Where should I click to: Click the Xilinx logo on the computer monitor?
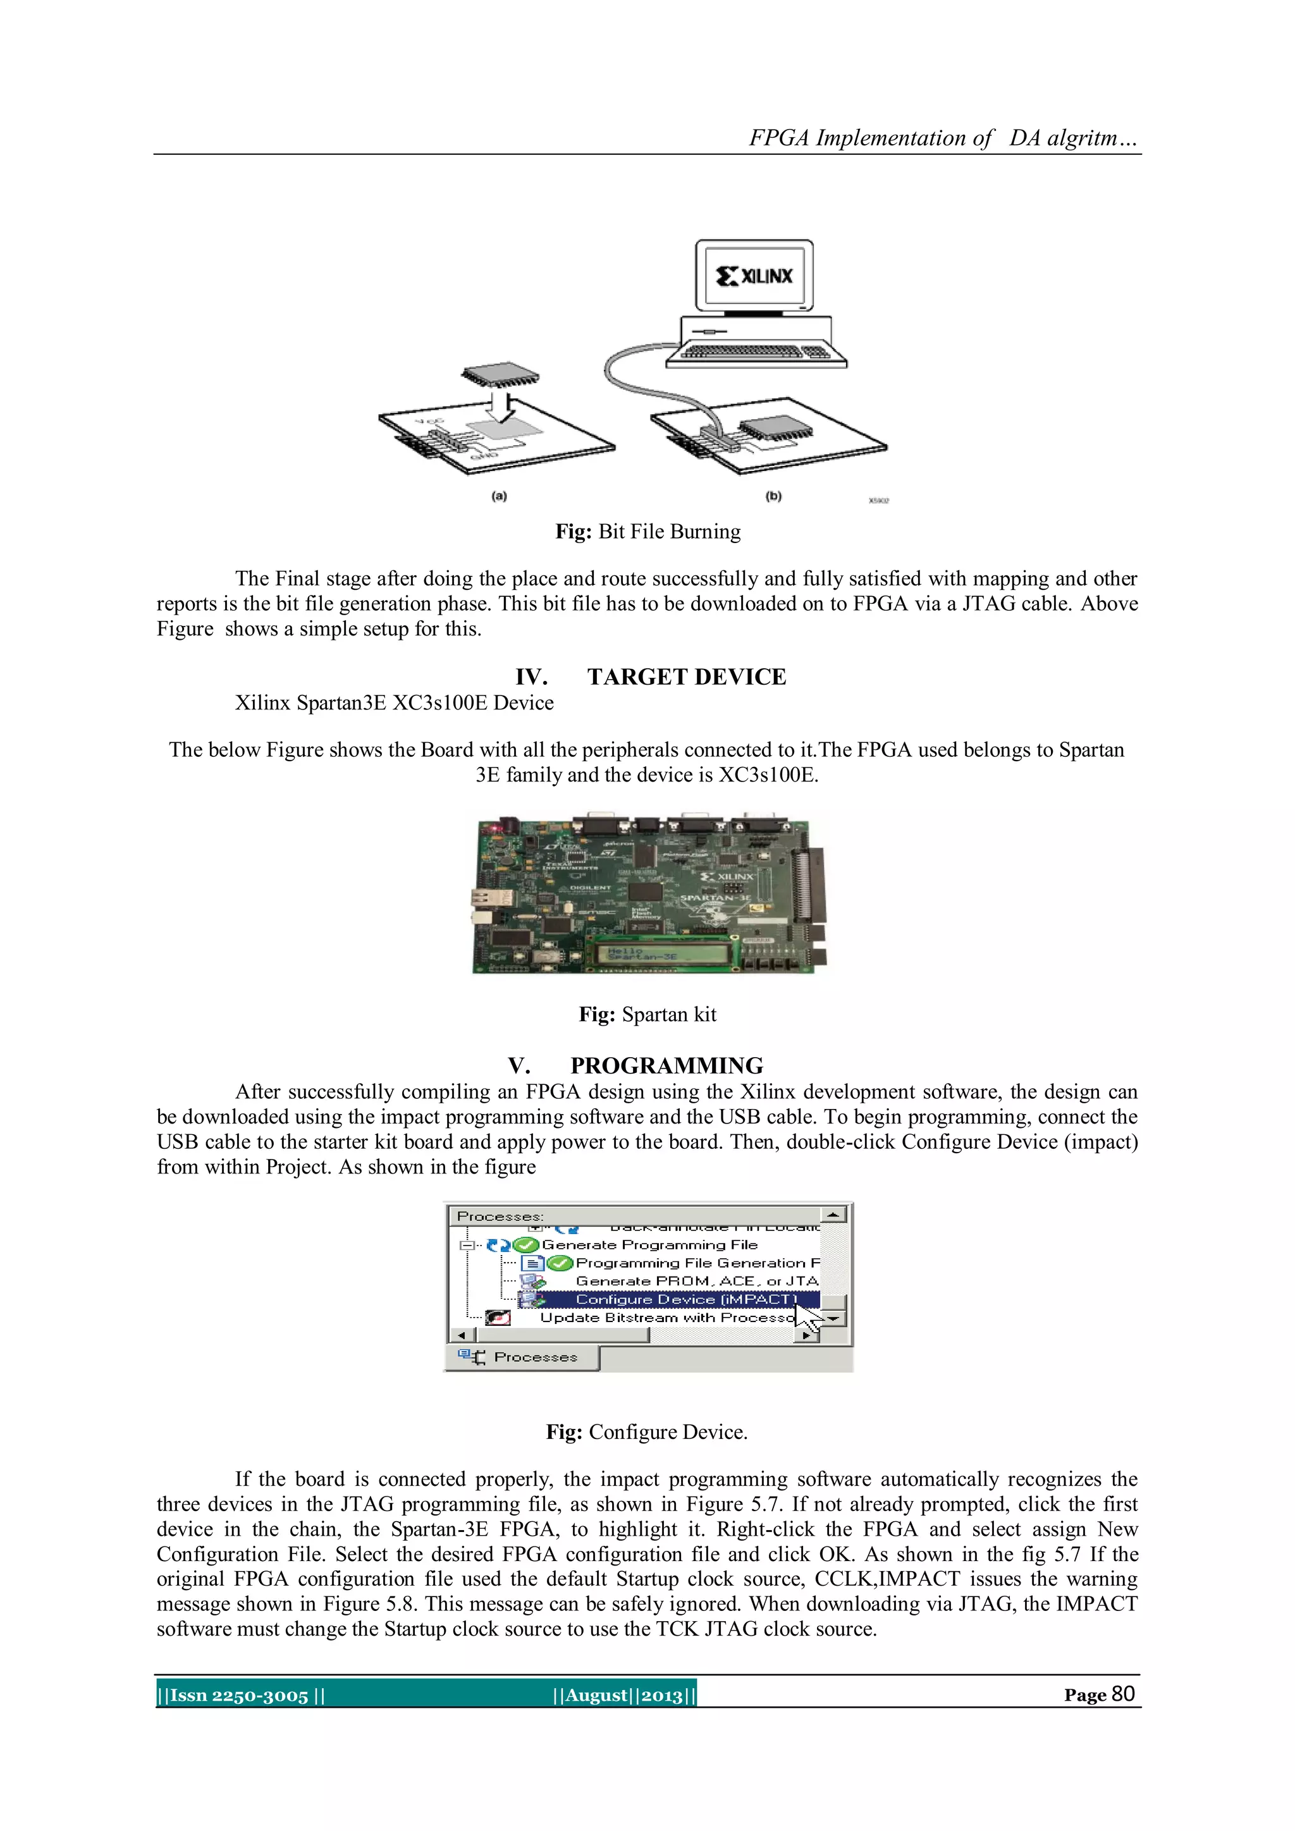click(x=754, y=276)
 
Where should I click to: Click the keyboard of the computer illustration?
click(x=757, y=352)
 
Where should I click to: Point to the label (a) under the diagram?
click(x=499, y=496)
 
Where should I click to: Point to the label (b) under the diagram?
click(x=773, y=496)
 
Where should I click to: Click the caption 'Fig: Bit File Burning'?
click(x=647, y=532)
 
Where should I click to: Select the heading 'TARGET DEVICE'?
click(x=686, y=677)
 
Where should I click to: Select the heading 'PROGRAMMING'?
click(x=666, y=1066)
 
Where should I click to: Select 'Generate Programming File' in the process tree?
click(x=649, y=1245)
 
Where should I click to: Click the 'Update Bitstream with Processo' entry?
click(x=666, y=1318)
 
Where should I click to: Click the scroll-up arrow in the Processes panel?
click(x=833, y=1215)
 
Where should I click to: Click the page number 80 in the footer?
click(x=1123, y=1694)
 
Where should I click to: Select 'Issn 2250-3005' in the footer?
click(x=239, y=1696)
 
